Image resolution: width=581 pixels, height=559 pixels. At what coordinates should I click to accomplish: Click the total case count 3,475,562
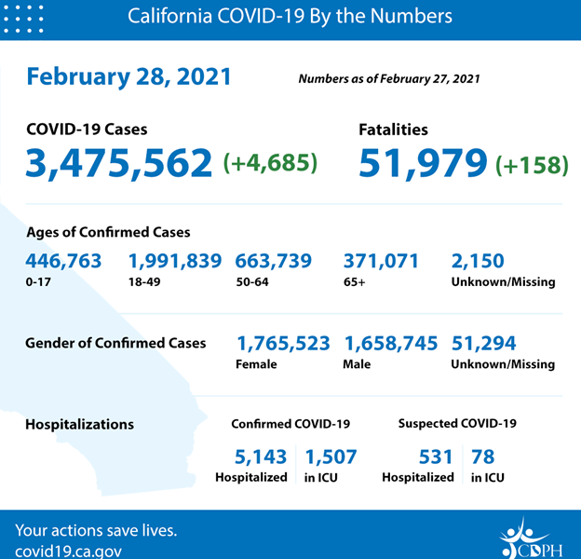coord(121,163)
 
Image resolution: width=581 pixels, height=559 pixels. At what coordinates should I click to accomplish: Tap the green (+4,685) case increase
coord(271,163)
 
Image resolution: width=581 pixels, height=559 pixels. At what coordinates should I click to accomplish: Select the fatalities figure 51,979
coord(424,163)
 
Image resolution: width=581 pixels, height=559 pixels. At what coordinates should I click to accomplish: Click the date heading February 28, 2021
coord(128,75)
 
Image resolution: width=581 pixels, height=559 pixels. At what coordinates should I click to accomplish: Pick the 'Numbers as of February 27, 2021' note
coord(389,79)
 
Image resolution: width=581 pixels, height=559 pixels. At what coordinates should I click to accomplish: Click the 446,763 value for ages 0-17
coord(64,261)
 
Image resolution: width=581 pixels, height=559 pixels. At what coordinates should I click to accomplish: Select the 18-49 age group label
coord(143,281)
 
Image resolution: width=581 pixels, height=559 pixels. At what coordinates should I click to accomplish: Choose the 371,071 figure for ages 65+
coord(382,261)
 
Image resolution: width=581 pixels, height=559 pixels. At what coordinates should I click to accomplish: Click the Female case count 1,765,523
coord(284,344)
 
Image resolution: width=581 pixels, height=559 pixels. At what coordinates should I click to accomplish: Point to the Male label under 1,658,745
coord(358,364)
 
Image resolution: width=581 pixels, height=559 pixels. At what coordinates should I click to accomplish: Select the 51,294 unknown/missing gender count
coord(483,344)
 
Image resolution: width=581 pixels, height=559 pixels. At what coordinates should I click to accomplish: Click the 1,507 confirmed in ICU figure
coord(331,457)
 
